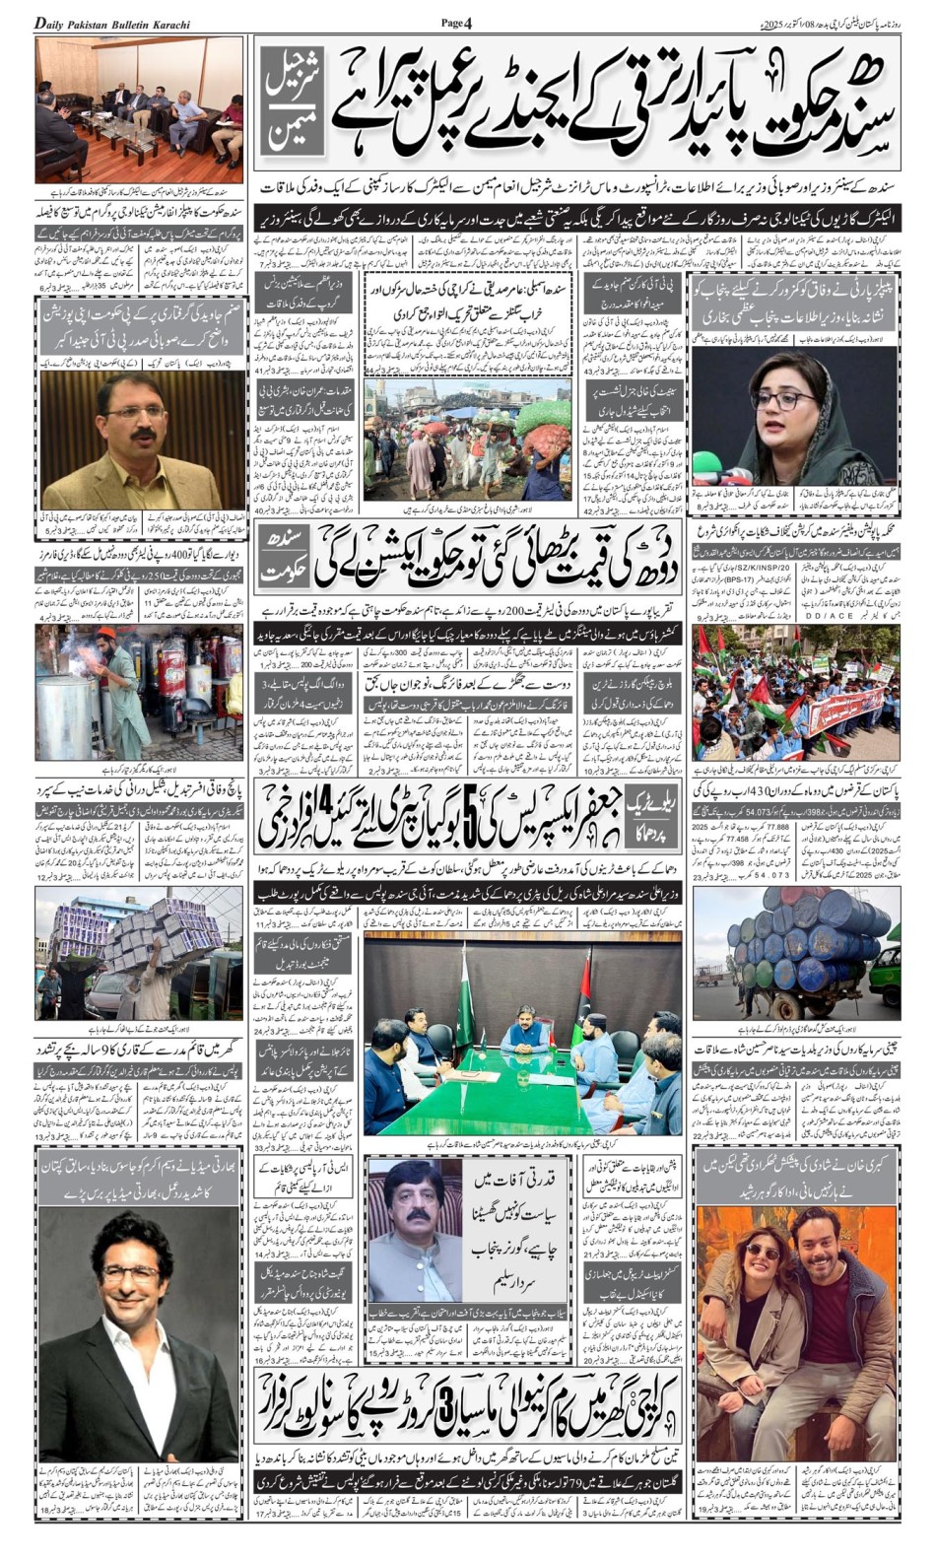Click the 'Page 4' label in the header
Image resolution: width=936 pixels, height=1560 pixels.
click(x=457, y=22)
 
